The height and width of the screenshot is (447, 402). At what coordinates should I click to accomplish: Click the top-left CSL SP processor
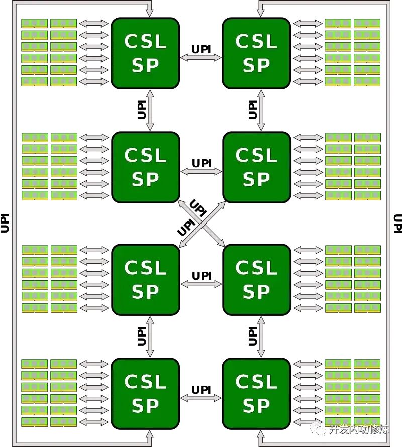pyautogui.click(x=145, y=53)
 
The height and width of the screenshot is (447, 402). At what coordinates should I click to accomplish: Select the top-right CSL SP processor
pyautogui.click(x=256, y=53)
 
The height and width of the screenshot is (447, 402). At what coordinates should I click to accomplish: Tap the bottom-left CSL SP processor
pyautogui.click(x=145, y=394)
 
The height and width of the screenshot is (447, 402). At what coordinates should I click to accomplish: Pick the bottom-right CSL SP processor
pyautogui.click(x=256, y=394)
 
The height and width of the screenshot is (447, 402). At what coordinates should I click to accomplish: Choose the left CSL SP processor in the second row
pyautogui.click(x=145, y=167)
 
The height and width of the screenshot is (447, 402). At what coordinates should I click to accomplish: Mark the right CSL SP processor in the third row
pyautogui.click(x=256, y=280)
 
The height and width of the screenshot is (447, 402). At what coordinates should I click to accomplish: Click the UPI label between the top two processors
pyautogui.click(x=201, y=49)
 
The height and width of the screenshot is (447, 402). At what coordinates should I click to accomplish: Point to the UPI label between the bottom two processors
pyautogui.click(x=201, y=389)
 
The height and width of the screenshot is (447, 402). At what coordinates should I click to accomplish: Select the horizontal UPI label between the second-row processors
pyautogui.click(x=201, y=163)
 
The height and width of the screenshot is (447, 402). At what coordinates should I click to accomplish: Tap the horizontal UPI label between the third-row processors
pyautogui.click(x=201, y=276)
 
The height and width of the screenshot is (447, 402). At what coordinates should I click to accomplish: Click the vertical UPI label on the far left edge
pyautogui.click(x=5, y=223)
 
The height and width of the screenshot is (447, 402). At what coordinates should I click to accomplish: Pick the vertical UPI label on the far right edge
pyautogui.click(x=397, y=223)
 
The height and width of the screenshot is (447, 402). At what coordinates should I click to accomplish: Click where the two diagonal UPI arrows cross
pyautogui.click(x=201, y=223)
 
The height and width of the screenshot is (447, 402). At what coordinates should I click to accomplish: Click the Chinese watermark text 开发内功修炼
pyautogui.click(x=358, y=429)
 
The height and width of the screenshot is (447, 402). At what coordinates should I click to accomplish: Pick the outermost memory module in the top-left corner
pyautogui.click(x=34, y=23)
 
